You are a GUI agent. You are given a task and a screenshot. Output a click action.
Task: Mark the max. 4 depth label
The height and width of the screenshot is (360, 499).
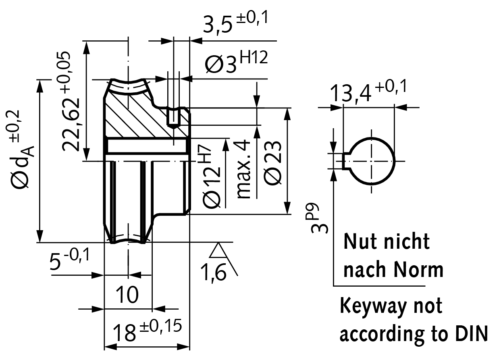(244, 169)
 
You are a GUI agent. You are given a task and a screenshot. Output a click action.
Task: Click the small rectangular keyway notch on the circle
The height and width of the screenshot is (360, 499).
(345, 161)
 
